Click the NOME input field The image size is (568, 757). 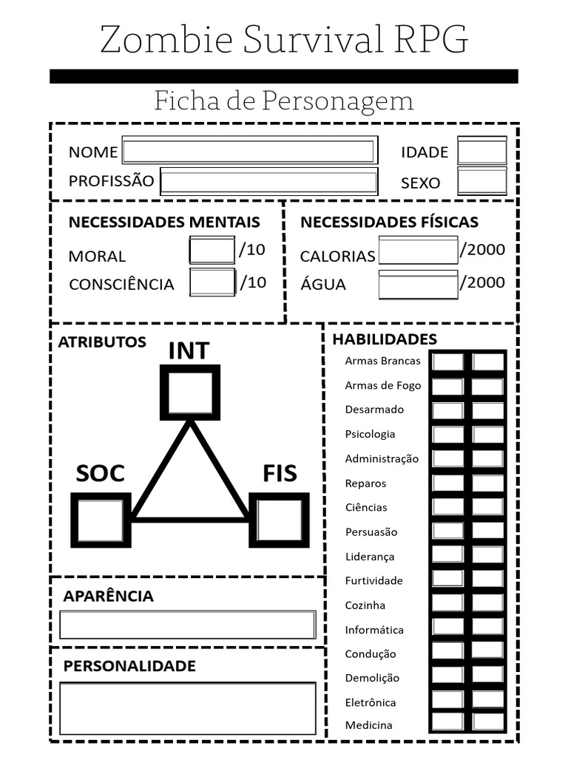tap(250, 150)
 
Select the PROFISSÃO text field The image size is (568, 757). tap(269, 182)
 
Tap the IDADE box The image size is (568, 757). tap(482, 151)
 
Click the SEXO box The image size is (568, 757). tap(482, 181)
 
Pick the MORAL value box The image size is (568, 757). tap(212, 250)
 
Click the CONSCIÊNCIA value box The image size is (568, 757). tap(212, 282)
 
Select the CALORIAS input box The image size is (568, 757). tap(419, 250)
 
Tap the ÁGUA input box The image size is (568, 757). tap(419, 285)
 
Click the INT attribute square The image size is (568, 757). tap(190, 393)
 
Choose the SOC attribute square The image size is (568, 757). tap(101, 520)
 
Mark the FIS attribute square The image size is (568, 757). tap(279, 520)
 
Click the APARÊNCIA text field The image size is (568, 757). tap(188, 625)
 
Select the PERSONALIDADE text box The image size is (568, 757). tap(188, 707)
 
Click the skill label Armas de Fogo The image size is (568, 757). tap(383, 385)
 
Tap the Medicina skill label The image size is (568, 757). tap(368, 724)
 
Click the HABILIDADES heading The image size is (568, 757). tap(385, 339)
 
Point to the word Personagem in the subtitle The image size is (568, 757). tap(337, 101)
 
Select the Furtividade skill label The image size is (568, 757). tap(373, 580)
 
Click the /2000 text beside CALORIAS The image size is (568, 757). tap(482, 250)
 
